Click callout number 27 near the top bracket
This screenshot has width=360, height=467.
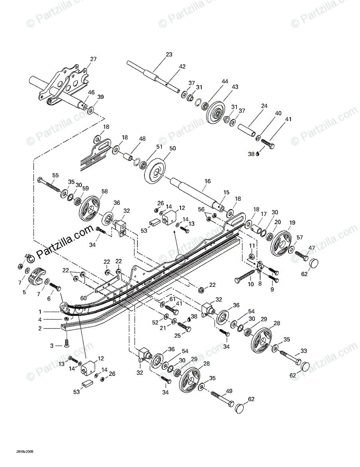(93, 59)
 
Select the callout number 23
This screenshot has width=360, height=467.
(169, 54)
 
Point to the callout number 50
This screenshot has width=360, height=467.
(173, 148)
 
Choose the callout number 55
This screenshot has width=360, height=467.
(55, 175)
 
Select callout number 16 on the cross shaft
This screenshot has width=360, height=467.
(207, 181)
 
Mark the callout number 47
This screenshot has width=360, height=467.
(312, 248)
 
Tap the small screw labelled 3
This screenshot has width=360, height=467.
(67, 343)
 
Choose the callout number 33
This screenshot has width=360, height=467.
(304, 351)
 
